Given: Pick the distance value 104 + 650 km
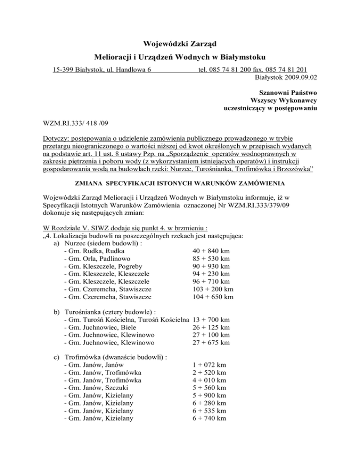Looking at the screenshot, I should [x=213, y=297].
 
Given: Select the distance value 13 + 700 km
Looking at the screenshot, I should [x=211, y=319].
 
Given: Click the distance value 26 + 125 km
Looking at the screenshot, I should [x=211, y=327].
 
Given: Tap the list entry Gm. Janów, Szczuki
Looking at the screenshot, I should [x=99, y=388].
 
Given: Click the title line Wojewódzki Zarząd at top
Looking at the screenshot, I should [x=180, y=45].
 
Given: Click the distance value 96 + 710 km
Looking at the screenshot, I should [x=211, y=281].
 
